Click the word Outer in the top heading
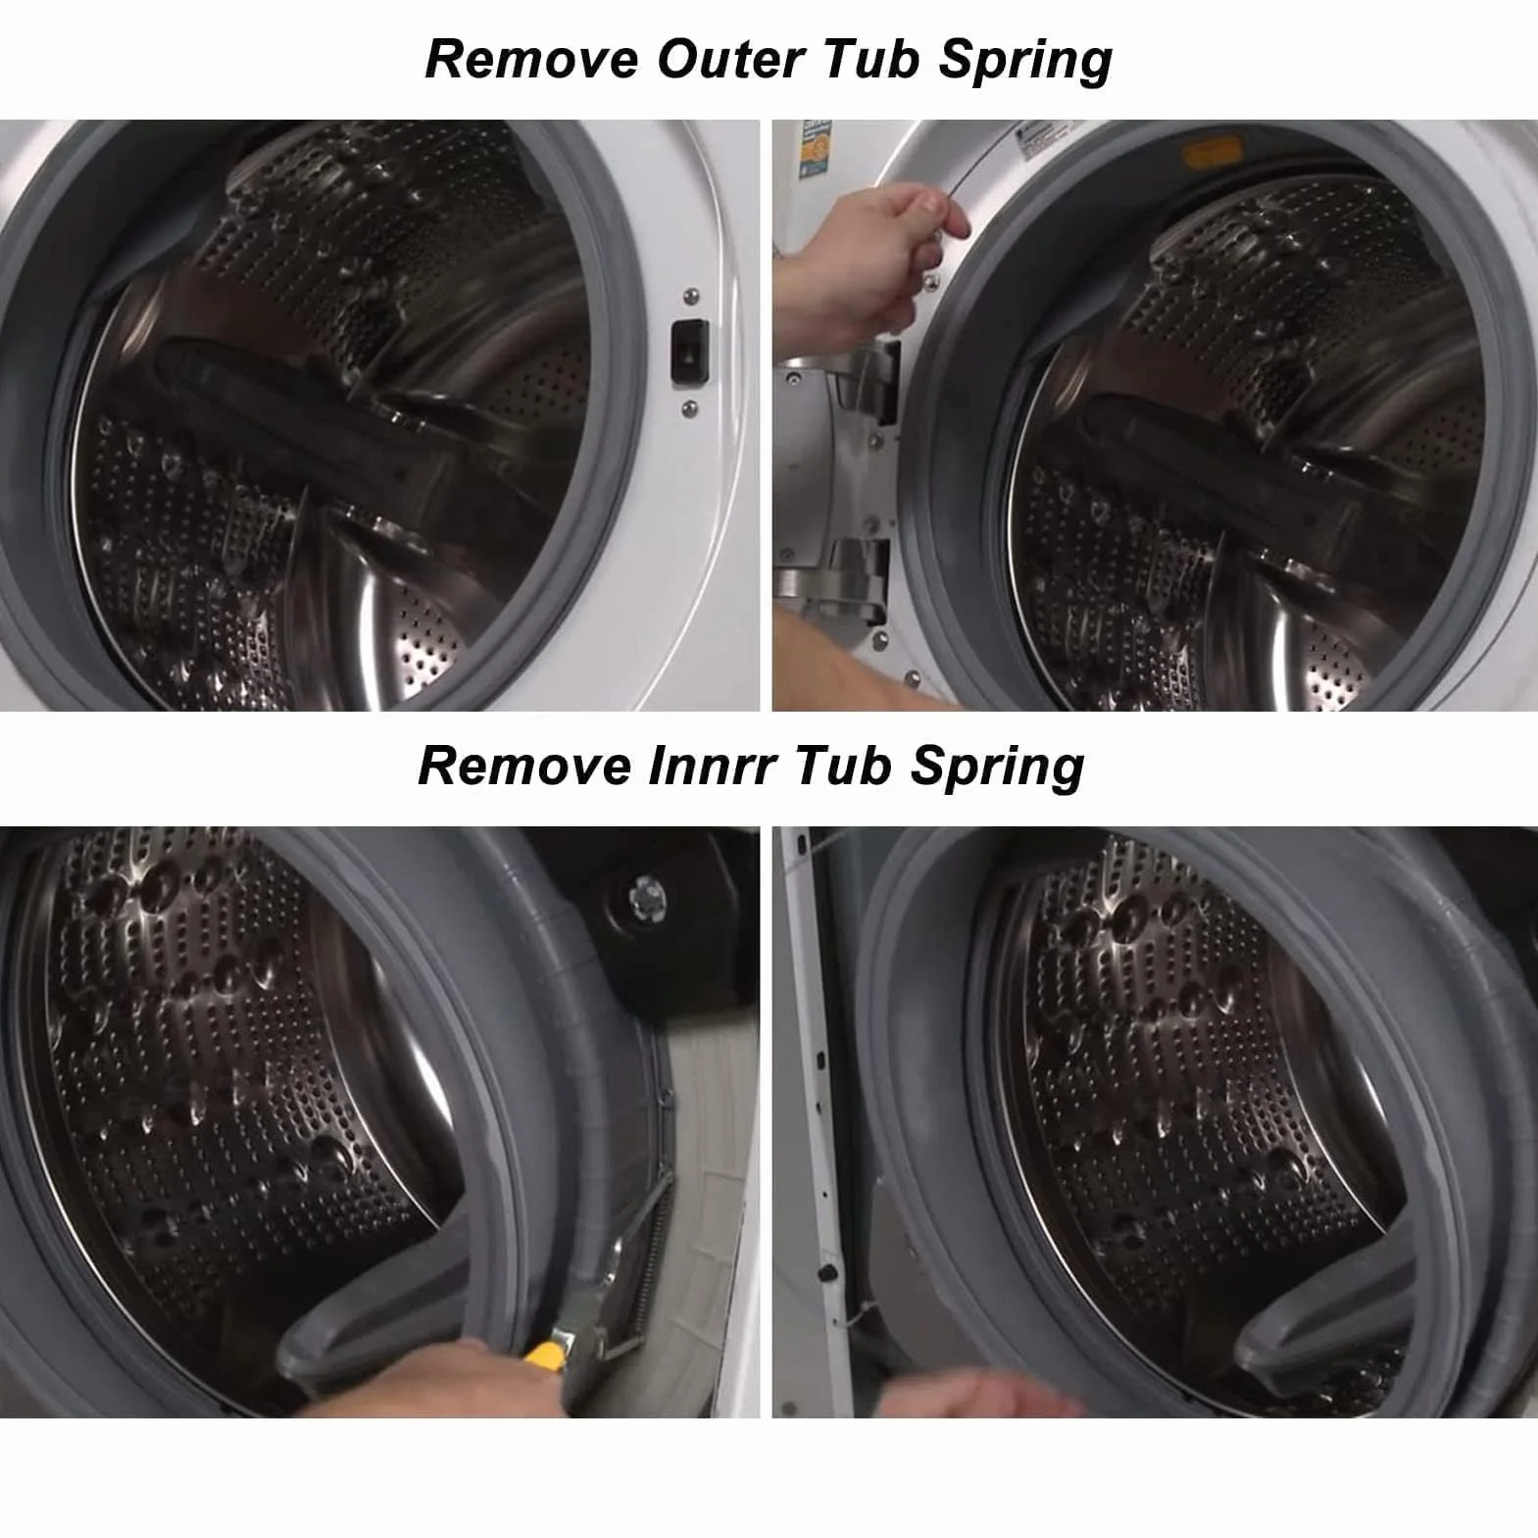tap(729, 60)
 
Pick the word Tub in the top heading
tap(870, 60)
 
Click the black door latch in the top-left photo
tap(688, 349)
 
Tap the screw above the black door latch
tap(692, 294)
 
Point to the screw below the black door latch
tap(689, 407)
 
